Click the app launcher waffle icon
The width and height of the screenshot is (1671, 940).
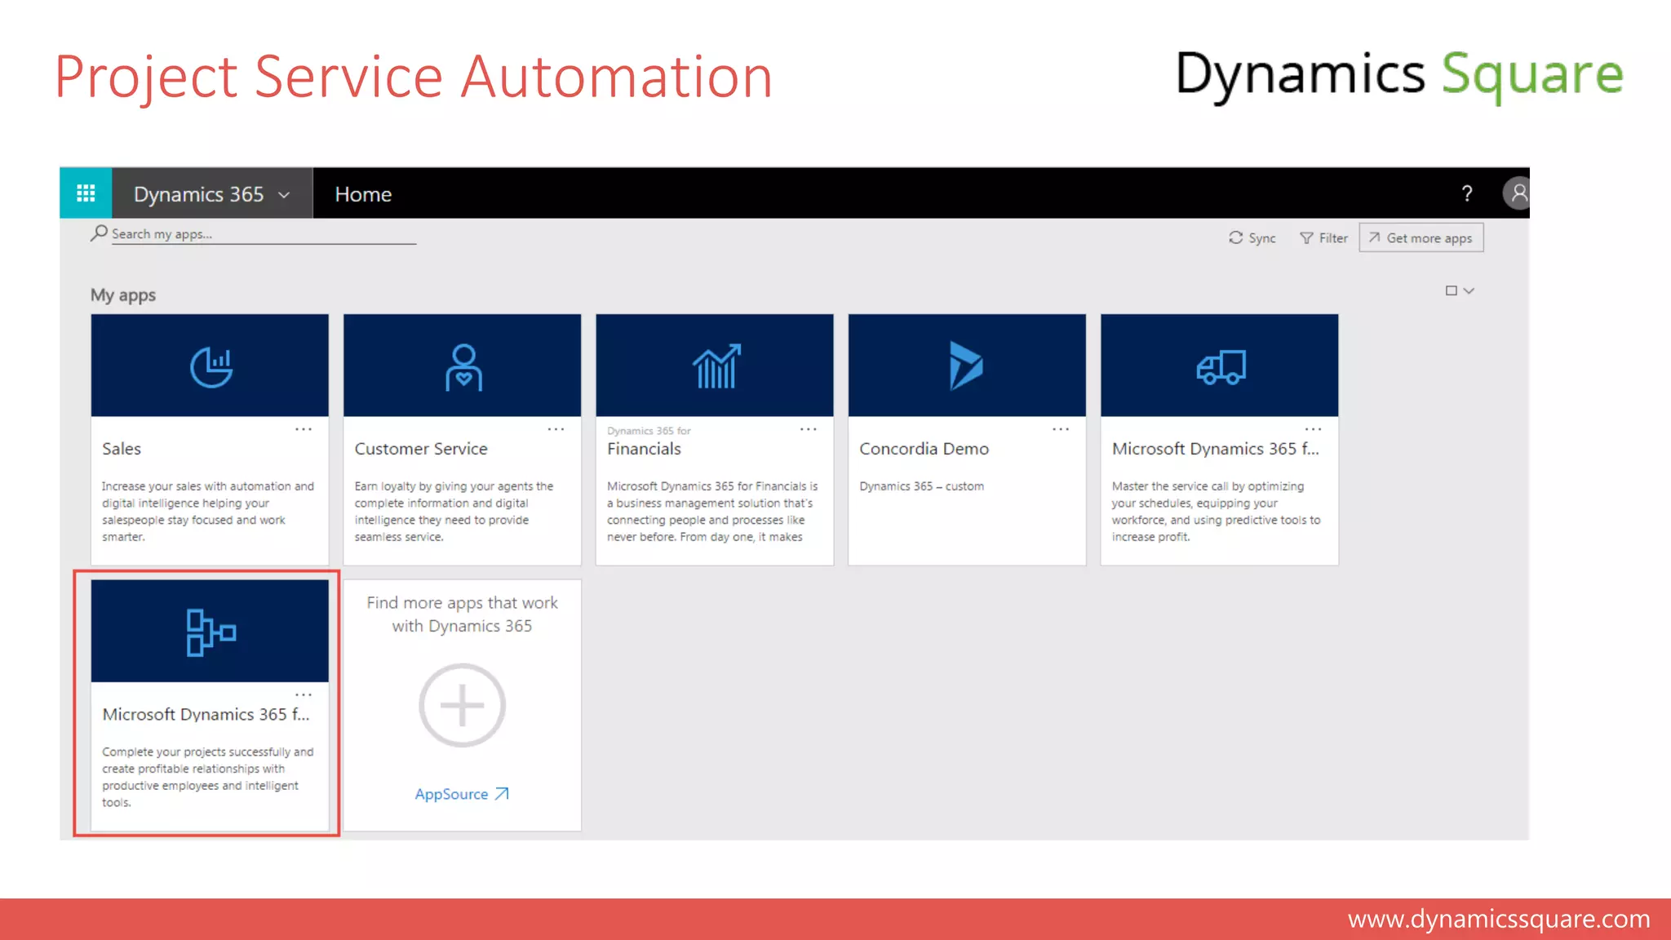(86, 193)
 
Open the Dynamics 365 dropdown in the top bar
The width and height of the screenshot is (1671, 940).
(212, 194)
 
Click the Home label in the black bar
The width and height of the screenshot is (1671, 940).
(363, 194)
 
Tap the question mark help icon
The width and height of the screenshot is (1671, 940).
(1466, 194)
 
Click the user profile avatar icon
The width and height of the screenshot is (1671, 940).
(1517, 193)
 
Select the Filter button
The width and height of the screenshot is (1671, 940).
(1323, 238)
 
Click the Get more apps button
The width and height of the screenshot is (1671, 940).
(1421, 238)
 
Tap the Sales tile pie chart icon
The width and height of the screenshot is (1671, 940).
(211, 367)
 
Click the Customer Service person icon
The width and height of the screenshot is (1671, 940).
(463, 367)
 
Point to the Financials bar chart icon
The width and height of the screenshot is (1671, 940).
(716, 366)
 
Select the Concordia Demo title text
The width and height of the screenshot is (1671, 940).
(924, 449)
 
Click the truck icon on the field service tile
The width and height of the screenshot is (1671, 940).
(1221, 367)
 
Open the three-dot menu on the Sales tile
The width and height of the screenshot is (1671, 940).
(304, 429)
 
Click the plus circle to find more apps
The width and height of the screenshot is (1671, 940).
(462, 705)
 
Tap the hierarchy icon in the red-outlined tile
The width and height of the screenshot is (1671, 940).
(211, 632)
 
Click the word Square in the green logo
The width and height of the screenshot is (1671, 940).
(1532, 75)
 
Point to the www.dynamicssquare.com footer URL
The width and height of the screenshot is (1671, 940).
(1498, 920)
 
